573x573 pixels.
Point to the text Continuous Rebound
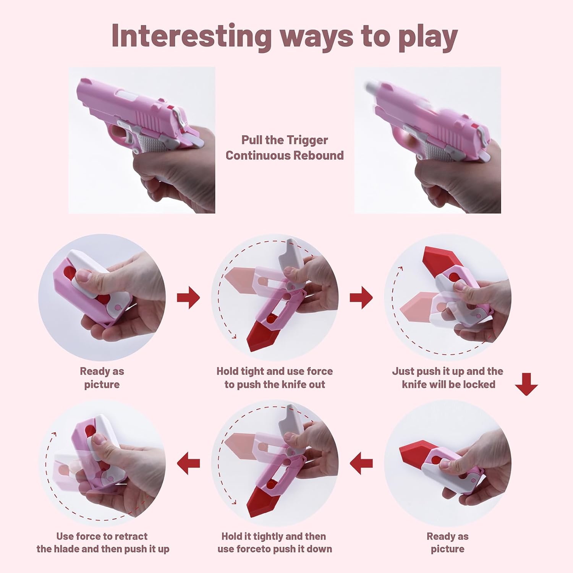pyautogui.click(x=284, y=155)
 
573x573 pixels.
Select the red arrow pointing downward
pyautogui.click(x=526, y=384)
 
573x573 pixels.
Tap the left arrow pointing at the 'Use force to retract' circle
pyautogui.click(x=188, y=463)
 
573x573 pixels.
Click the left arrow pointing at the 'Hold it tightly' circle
pyautogui.click(x=361, y=463)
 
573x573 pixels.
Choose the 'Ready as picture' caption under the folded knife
pyautogui.click(x=102, y=378)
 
